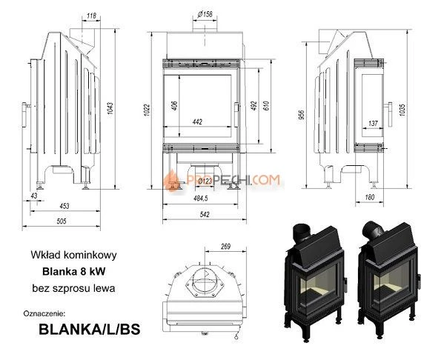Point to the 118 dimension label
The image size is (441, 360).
coord(91,15)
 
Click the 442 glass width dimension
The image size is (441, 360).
coord(196,121)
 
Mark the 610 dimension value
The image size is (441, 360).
coord(263,104)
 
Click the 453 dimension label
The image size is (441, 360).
coord(65,207)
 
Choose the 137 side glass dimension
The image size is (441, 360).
coord(372,122)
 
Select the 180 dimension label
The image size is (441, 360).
coord(370,197)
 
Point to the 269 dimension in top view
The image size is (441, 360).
coord(225,247)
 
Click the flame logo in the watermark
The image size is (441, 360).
coord(170,179)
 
